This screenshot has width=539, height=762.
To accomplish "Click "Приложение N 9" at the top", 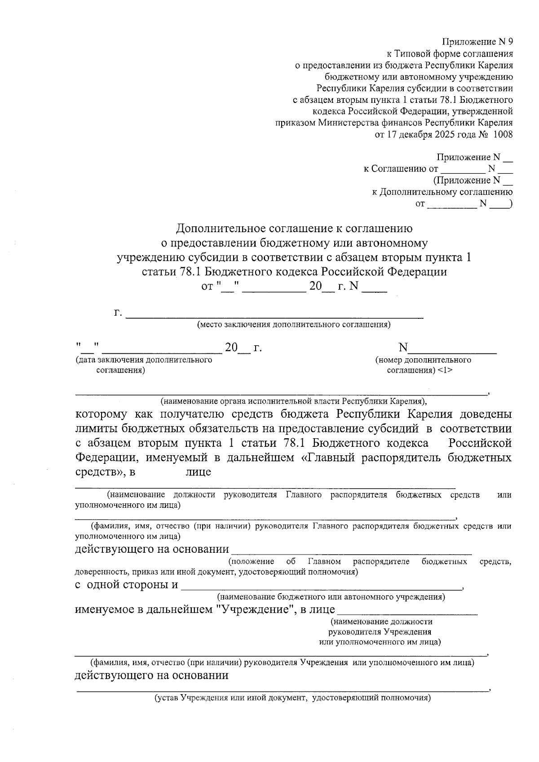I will (477, 42).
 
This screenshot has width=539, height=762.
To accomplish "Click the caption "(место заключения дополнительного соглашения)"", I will (294, 325).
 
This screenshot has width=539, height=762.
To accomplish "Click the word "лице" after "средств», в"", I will (198, 472).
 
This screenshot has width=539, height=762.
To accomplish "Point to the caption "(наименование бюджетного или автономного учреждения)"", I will (331, 597).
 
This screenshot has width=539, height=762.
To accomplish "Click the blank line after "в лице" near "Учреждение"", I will (407, 611).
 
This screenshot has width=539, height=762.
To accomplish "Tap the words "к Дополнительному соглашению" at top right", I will (442, 192).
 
